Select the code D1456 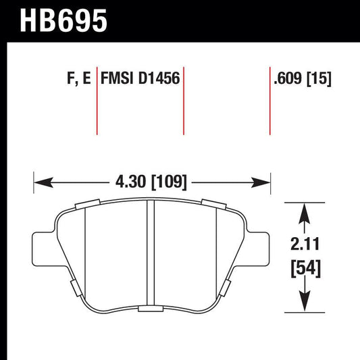[160, 79]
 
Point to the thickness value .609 [287, 79]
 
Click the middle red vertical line [184, 101]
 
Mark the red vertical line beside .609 [269, 101]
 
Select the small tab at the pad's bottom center [147, 309]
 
